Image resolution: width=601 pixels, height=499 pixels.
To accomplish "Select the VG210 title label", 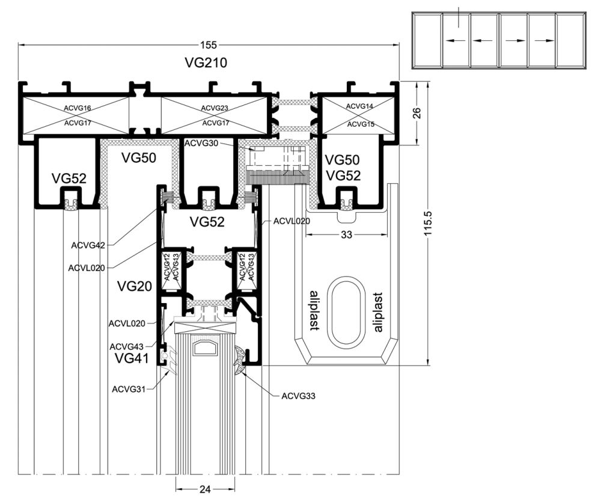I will [x=206, y=62].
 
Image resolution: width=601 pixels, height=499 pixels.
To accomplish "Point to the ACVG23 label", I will [x=215, y=108].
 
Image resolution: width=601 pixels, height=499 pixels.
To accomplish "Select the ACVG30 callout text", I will [x=201, y=143].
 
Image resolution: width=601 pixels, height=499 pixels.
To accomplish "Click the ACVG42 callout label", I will [x=88, y=245].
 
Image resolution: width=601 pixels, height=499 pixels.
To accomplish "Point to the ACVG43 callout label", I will [x=126, y=347].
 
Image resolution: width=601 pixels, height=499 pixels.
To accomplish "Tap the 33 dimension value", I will [x=346, y=235].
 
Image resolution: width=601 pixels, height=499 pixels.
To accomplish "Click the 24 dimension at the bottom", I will [x=204, y=489].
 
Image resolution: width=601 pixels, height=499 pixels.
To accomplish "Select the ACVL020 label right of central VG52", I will [x=291, y=221].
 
